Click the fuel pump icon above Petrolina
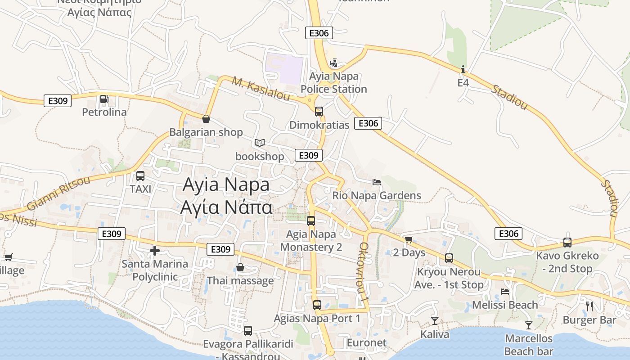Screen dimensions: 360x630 [104, 99]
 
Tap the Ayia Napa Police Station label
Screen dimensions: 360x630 [333, 83]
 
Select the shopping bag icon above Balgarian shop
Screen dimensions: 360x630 [206, 119]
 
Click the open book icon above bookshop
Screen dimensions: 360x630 [259, 143]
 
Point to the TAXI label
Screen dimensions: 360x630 [140, 189]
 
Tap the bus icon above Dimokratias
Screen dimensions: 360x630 [319, 111]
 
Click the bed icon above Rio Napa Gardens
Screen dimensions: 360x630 [377, 182]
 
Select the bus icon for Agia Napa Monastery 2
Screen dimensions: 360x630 [311, 221]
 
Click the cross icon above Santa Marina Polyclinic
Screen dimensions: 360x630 [155, 251]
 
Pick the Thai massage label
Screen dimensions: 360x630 [240, 281]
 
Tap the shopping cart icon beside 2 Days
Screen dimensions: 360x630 [409, 239]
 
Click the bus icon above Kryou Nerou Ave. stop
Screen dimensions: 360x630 [449, 258]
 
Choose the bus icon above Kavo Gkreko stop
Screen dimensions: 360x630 [567, 243]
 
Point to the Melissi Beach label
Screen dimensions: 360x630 [505, 305]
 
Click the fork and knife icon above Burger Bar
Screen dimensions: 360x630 [589, 306]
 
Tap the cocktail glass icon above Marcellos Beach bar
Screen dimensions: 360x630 [529, 325]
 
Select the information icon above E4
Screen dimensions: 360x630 [463, 70]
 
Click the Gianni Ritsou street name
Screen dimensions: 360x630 [58, 193]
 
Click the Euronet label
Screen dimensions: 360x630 [366, 343]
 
